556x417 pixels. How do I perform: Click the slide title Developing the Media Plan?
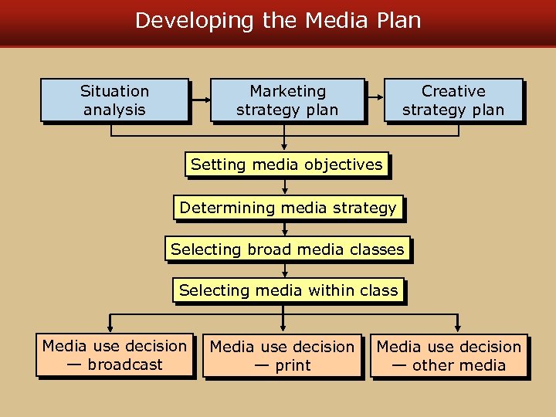coord(278,20)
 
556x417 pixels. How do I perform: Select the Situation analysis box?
coord(114,100)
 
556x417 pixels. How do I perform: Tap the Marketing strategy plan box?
coord(287,100)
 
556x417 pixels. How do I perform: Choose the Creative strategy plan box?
coord(453,100)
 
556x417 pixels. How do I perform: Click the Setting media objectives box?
coord(286,164)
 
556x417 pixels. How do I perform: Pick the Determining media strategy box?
coord(287,208)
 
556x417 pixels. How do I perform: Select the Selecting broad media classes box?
coord(287,249)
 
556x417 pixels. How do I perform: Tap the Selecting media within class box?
coord(288,290)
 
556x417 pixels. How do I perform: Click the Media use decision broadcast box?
coord(114,355)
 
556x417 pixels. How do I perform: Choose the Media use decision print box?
coord(282,356)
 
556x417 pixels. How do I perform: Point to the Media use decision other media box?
coord(449,356)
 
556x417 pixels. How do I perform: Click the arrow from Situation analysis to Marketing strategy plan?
coord(200,100)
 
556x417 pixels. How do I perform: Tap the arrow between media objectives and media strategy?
coord(285,187)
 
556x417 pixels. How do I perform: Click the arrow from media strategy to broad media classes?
coord(285,229)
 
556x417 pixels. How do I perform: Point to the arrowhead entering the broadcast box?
coord(110,327)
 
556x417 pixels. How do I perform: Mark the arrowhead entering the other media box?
coord(457,328)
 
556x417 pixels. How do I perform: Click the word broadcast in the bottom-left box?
coord(125,364)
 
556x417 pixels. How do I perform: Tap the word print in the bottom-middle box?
coord(293,365)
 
